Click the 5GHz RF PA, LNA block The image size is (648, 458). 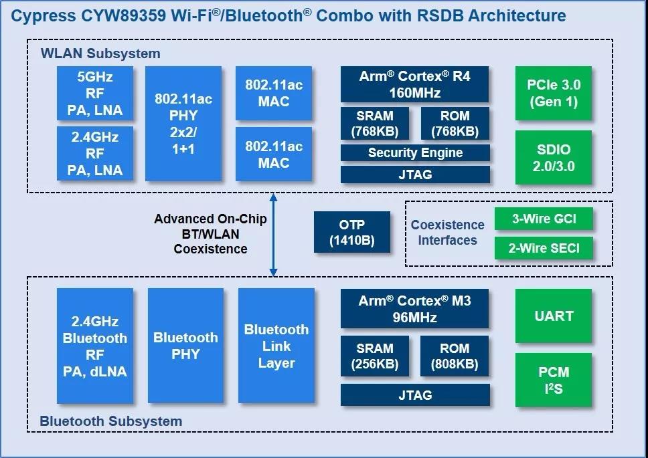pos(95,94)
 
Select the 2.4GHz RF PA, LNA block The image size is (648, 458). pos(95,154)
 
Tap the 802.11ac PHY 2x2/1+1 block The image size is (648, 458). pos(183,124)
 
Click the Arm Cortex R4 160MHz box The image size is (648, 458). pos(415,84)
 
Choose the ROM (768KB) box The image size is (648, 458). pos(455,124)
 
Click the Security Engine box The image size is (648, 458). pos(415,153)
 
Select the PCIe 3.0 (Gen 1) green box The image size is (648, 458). pos(554,94)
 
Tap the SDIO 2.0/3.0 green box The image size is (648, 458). pos(554,158)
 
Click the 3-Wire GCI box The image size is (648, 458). pos(544,219)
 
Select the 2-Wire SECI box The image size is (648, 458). pos(544,249)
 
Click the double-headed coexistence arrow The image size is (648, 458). pos(273,234)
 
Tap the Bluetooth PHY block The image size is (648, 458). pos(185,346)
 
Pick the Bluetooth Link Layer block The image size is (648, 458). pos(276,346)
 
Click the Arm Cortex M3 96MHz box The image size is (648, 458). pos(415,309)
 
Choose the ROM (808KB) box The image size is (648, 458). pos(455,356)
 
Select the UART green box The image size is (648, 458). pos(554,316)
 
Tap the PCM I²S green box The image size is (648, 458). pos(554,380)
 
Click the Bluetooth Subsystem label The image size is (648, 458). pos(111,421)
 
